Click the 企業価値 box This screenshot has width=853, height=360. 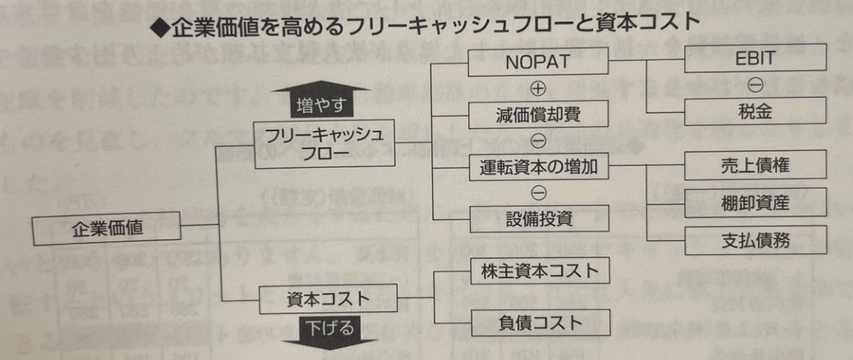pyautogui.click(x=107, y=227)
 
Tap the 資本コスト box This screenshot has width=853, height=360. pyautogui.click(x=327, y=299)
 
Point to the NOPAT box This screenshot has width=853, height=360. pyautogui.click(x=537, y=63)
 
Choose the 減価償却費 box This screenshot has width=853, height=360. pyautogui.click(x=537, y=114)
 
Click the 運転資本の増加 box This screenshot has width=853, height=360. pyautogui.click(x=538, y=166)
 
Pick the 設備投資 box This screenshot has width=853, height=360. pyautogui.click(x=538, y=218)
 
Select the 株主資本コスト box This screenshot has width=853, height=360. pyautogui.click(x=538, y=271)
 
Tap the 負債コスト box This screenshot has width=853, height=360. pyautogui.click(x=538, y=322)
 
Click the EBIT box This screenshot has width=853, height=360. pyautogui.click(x=755, y=57)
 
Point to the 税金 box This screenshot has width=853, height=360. pyautogui.click(x=755, y=111)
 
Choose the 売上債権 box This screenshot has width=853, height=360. pyautogui.click(x=755, y=166)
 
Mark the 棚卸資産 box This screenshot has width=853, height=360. pyautogui.click(x=755, y=202)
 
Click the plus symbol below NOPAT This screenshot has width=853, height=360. pyautogui.click(x=538, y=89)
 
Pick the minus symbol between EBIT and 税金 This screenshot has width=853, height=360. pyautogui.click(x=755, y=84)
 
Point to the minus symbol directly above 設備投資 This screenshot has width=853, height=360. pyautogui.click(x=538, y=193)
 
